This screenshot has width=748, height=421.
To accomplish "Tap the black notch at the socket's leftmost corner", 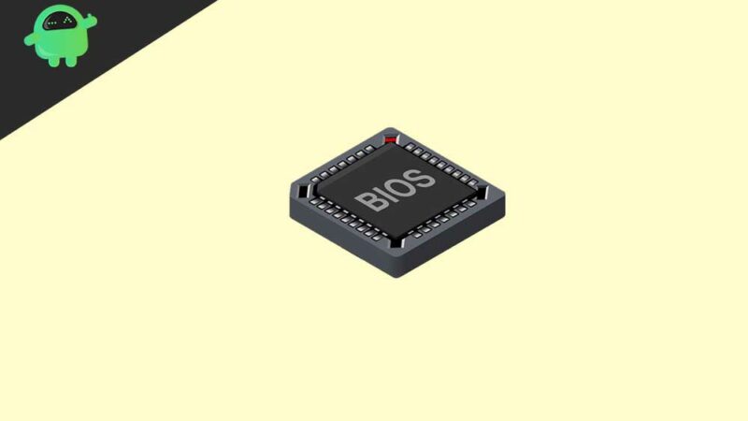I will click(301, 187).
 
